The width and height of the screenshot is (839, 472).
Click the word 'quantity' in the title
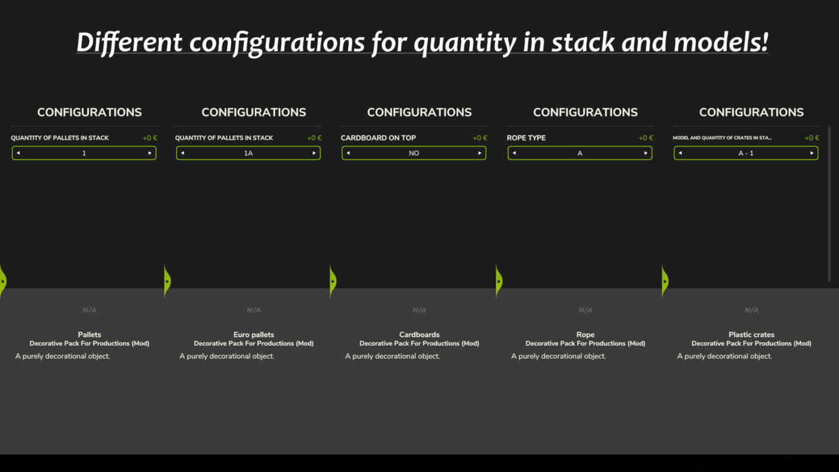(465, 43)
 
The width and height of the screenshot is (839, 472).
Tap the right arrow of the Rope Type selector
(645, 153)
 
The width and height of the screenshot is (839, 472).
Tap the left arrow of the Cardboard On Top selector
(348, 153)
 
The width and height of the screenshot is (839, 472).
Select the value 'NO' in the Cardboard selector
(414, 153)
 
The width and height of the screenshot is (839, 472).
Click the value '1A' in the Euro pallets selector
(248, 153)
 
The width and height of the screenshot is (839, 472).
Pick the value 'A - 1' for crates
(746, 153)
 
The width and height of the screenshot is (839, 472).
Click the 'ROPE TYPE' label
(526, 138)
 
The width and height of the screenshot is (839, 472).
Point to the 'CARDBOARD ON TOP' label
(378, 138)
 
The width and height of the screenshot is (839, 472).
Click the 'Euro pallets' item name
(253, 335)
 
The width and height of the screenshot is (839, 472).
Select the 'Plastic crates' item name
(752, 335)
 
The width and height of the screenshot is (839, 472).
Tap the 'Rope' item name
(586, 335)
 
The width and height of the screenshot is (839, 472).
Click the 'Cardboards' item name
(419, 335)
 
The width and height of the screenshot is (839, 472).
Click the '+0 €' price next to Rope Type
(646, 138)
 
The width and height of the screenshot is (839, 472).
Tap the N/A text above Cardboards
(419, 310)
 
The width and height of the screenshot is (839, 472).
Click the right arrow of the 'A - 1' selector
(811, 153)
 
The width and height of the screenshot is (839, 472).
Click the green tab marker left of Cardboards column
(333, 281)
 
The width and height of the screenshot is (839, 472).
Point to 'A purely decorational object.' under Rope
(559, 356)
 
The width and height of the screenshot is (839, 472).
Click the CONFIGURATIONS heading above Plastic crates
(752, 112)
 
